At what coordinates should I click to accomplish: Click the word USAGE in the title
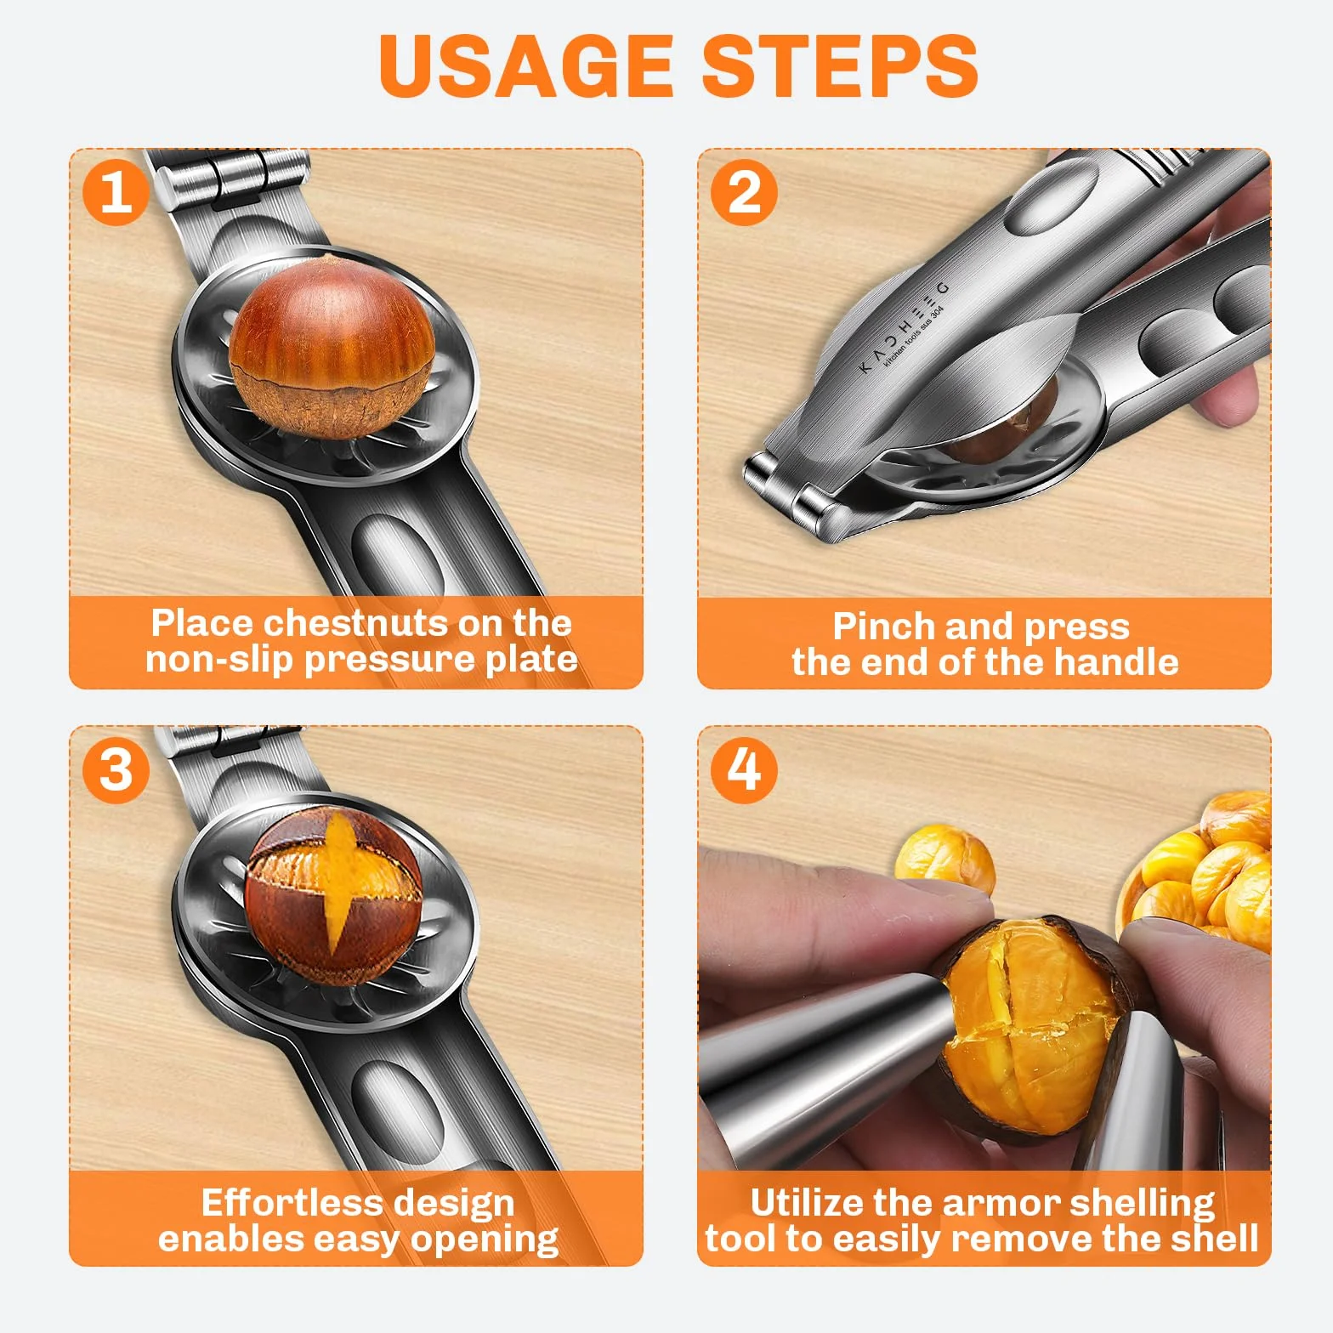coord(525,65)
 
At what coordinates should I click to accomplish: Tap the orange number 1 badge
coord(116,192)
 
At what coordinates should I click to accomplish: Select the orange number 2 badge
coord(744,192)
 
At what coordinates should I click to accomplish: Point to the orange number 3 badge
coord(116,769)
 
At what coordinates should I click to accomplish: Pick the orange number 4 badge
coord(744,769)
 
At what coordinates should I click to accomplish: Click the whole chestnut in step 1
coord(332,345)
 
